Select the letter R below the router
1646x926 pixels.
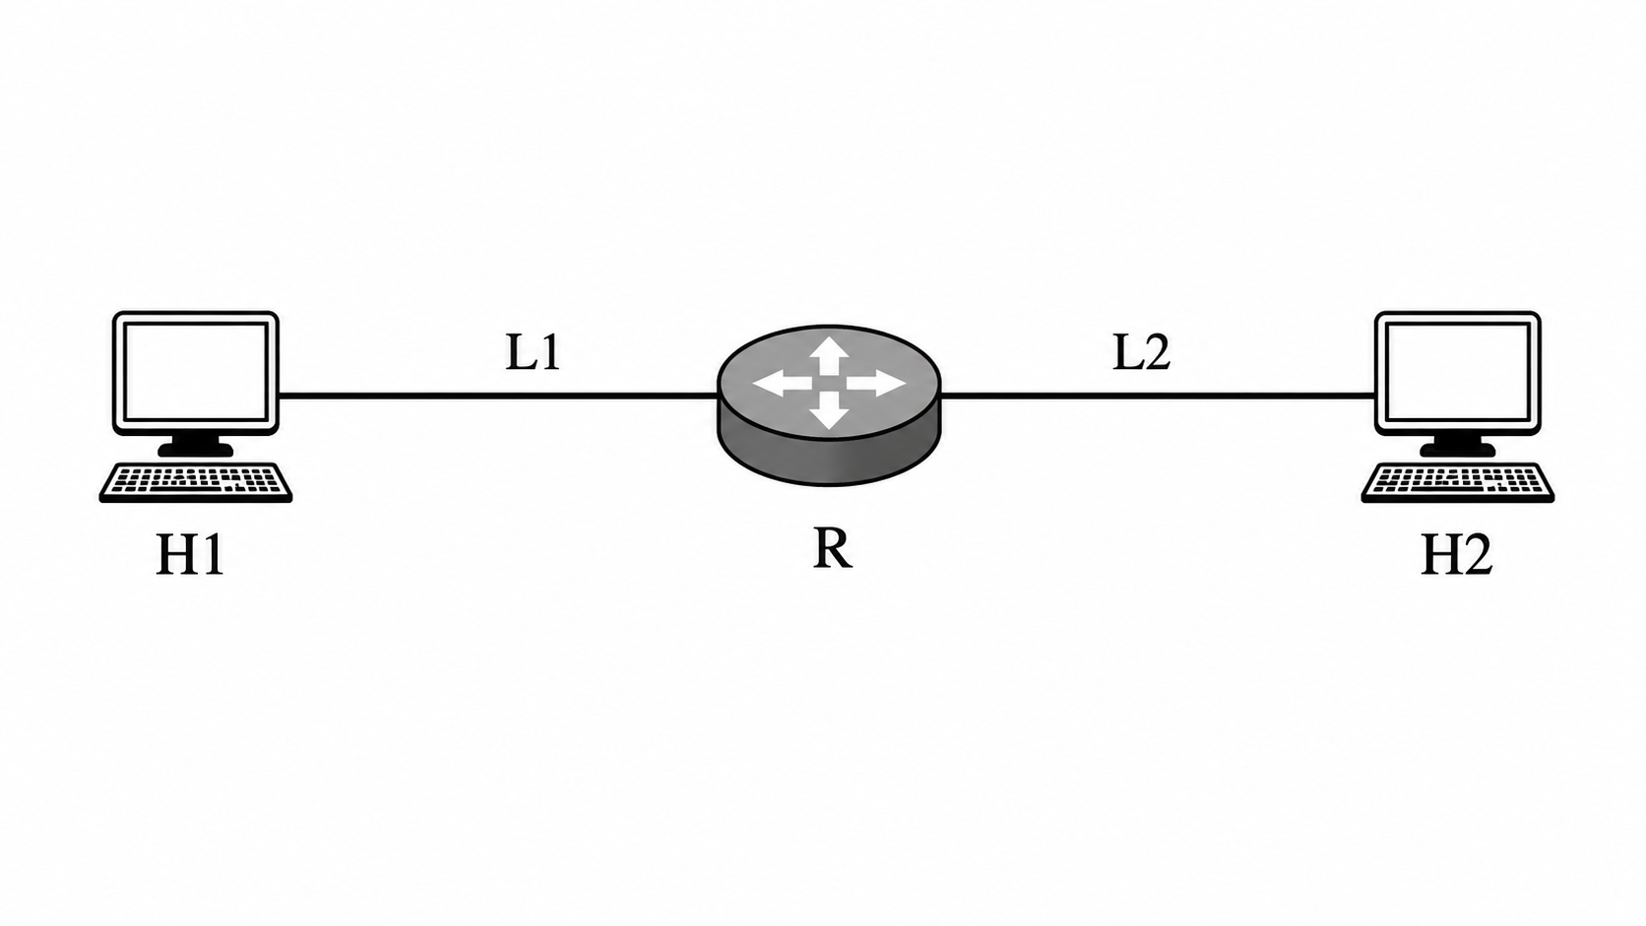pyautogui.click(x=832, y=548)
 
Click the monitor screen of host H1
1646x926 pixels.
pyautogui.click(x=196, y=371)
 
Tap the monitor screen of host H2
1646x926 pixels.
pyautogui.click(x=1458, y=371)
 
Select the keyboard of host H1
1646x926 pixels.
pyautogui.click(x=196, y=482)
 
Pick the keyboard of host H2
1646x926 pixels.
pyautogui.click(x=1458, y=482)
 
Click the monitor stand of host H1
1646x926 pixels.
pyautogui.click(x=196, y=445)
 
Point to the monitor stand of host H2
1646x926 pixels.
pyautogui.click(x=1457, y=445)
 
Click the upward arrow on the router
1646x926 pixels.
pyautogui.click(x=829, y=355)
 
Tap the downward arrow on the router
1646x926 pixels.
pyautogui.click(x=829, y=409)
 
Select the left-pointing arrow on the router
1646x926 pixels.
pyautogui.click(x=782, y=383)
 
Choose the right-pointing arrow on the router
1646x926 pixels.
pyautogui.click(x=876, y=383)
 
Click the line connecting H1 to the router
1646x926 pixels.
pyautogui.click(x=498, y=395)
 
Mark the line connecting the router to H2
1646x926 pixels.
pyautogui.click(x=1158, y=395)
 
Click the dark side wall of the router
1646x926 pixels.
pyautogui.click(x=829, y=462)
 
